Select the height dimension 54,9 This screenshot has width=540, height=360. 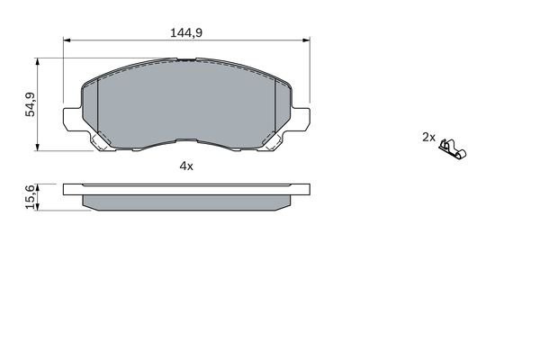click(31, 105)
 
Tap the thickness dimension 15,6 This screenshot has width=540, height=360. click(31, 197)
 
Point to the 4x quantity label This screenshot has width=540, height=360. click(186, 166)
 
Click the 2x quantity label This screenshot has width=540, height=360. click(428, 138)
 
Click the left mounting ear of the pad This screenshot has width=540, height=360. click(72, 118)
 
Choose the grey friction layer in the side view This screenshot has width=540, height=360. click(186, 203)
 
